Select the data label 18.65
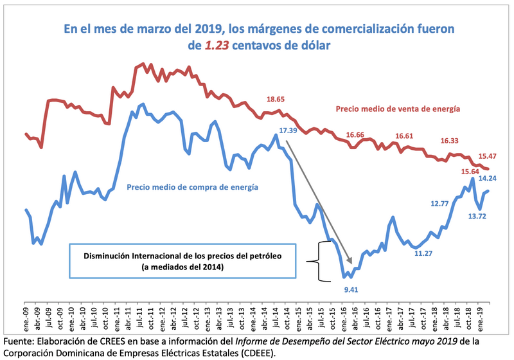tap(276, 100)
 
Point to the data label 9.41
tap(351, 290)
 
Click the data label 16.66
tap(355, 135)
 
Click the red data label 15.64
tap(470, 171)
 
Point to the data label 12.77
tap(439, 204)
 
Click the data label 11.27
tap(423, 253)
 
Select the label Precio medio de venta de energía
tap(398, 109)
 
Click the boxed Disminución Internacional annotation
tap(182, 261)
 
